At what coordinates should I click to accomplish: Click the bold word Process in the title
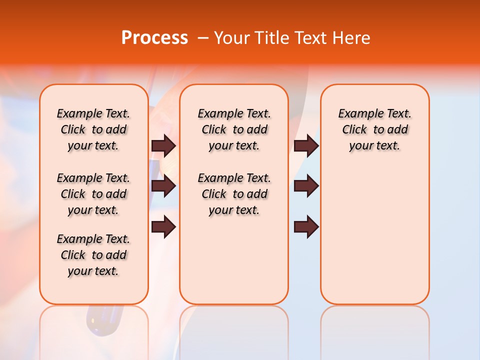154,38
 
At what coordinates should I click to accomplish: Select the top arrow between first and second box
163,145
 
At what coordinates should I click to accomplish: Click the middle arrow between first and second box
163,186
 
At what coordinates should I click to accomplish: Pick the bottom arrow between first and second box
163,227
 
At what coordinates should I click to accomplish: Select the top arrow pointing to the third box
306,145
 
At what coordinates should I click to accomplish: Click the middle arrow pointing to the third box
306,186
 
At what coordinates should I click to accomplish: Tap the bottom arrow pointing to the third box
306,227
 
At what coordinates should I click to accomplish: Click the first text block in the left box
93,129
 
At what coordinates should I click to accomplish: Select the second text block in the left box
93,194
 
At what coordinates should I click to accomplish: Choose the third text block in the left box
93,255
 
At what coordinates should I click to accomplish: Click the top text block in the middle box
234,129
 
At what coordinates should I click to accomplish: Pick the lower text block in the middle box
234,194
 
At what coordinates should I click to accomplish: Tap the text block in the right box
374,129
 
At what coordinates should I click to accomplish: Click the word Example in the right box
356,113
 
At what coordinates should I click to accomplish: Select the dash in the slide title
203,38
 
